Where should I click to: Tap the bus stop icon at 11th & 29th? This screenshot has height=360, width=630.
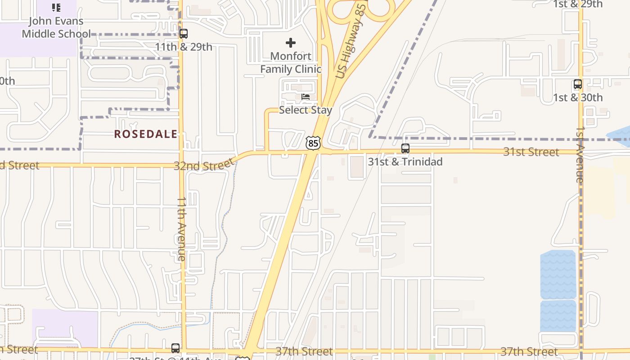coord(183,34)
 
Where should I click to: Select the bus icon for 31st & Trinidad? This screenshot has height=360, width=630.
coord(405,148)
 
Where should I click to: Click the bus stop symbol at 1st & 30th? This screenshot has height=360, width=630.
coord(577,84)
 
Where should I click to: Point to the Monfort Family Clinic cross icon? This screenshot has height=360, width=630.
coord(291,43)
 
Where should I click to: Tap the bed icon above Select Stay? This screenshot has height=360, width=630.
coord(306,97)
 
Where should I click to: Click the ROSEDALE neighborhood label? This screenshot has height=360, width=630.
coord(146,134)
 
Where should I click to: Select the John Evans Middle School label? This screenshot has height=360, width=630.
coord(56,27)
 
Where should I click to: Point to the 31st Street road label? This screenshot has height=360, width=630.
coord(531,152)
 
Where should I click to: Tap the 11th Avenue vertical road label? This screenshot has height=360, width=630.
coord(181,229)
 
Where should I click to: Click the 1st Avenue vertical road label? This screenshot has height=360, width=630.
coord(580,154)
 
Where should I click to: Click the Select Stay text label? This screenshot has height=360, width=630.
coord(306,110)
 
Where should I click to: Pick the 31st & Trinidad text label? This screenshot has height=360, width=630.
coord(405,162)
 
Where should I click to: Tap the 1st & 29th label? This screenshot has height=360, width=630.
coord(577,4)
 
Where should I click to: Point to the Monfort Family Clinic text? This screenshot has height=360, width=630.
coord(291,63)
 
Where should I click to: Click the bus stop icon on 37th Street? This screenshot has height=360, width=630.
coord(175,348)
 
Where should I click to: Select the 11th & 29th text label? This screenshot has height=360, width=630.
coord(184,47)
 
